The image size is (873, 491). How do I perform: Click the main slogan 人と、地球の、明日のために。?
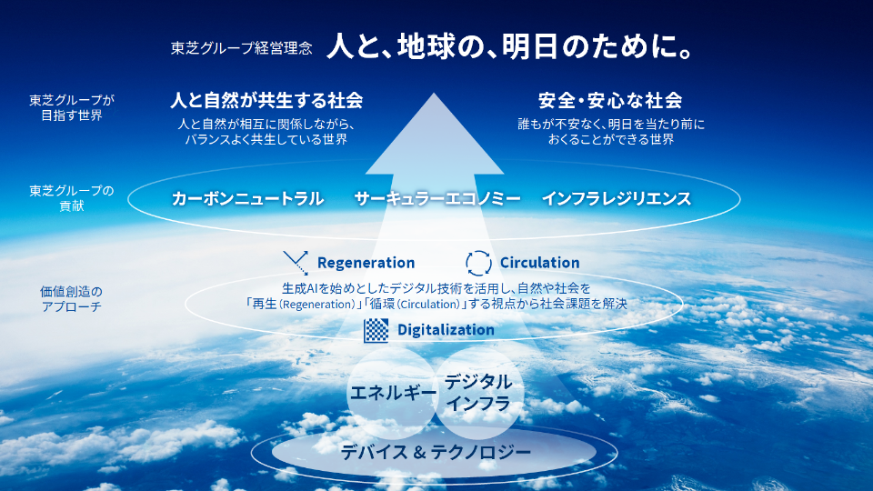tap(511, 46)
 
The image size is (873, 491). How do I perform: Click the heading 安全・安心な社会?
tap(610, 100)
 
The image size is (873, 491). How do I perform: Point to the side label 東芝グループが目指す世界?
tap(72, 108)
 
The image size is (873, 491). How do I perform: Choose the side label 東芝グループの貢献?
tap(72, 198)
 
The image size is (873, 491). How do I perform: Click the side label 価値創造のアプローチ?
tap(72, 299)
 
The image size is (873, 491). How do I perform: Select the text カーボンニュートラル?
tap(247, 198)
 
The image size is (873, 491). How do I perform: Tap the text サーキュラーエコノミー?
tap(437, 198)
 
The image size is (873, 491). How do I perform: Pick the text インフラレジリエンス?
tap(616, 198)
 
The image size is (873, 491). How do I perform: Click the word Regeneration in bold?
tap(366, 263)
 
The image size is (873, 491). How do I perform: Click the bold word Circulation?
tap(539, 263)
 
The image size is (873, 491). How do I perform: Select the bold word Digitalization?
tap(446, 330)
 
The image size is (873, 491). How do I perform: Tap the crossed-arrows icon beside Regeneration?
tap(296, 263)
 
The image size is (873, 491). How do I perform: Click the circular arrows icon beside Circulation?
tap(478, 263)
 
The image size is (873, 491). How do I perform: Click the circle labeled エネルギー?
tap(392, 395)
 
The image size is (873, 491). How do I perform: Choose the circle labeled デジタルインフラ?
tap(478, 395)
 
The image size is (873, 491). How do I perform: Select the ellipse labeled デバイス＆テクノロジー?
tap(436, 451)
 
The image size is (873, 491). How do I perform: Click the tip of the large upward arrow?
tap(436, 95)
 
